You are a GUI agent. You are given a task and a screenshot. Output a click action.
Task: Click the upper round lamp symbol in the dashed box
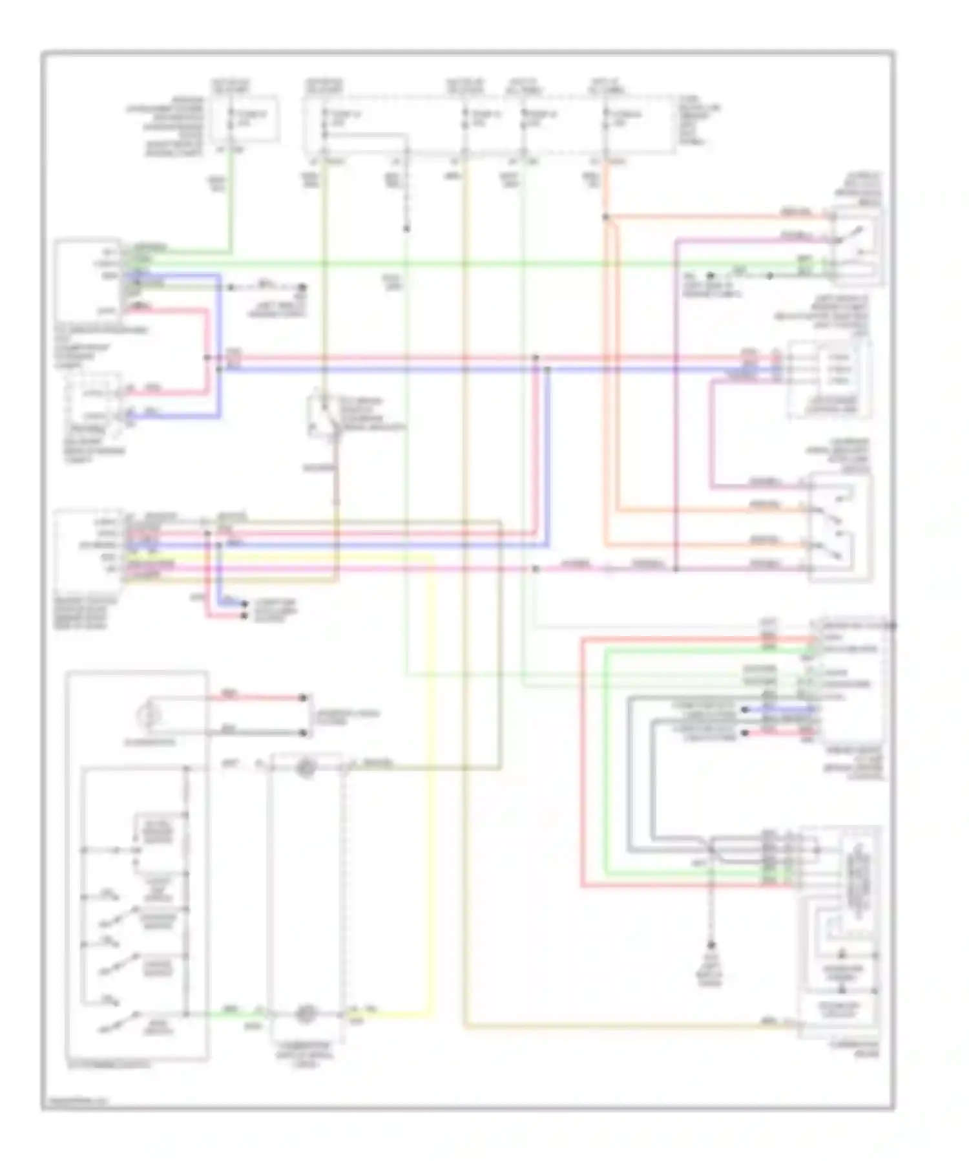pos(305,767)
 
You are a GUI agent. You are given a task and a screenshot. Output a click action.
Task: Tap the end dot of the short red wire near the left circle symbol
pos(303,698)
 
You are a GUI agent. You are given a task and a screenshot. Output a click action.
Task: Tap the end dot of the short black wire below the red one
pos(303,732)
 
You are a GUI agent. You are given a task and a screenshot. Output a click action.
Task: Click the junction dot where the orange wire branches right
pos(606,217)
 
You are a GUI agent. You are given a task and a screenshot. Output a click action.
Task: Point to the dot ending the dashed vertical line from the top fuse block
pos(406,228)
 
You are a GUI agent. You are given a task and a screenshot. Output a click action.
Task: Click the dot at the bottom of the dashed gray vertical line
pos(711,945)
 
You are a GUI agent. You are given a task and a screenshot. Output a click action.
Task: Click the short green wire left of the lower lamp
pos(229,1014)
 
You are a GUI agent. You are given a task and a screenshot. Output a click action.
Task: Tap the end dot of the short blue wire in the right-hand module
pos(745,709)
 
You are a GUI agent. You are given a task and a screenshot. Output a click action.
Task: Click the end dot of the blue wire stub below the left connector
pos(244,604)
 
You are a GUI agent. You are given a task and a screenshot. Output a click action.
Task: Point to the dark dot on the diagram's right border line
pos(893,626)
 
